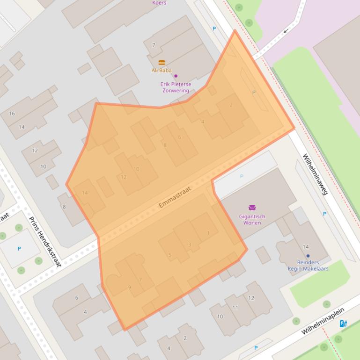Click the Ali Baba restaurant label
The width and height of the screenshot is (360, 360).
click(x=162, y=71)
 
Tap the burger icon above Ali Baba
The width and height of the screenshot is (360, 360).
click(x=162, y=63)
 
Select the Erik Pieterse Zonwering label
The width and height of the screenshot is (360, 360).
click(x=176, y=87)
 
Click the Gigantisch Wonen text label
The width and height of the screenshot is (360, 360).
click(x=252, y=220)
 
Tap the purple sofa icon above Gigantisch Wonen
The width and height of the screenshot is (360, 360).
click(x=252, y=208)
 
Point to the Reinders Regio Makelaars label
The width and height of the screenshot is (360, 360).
click(x=308, y=266)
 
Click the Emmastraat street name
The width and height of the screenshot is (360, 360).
click(x=176, y=197)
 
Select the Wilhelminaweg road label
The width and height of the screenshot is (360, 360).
click(x=315, y=174)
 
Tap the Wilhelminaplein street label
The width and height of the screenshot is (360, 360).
click(x=323, y=321)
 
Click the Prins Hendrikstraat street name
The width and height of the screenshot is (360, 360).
click(x=45, y=242)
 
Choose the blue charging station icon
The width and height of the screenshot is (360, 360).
click(x=343, y=324)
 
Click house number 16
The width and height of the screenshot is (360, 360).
click(x=12, y=114)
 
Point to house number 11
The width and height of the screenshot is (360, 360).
click(x=235, y=308)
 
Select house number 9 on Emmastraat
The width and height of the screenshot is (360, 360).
click(x=130, y=288)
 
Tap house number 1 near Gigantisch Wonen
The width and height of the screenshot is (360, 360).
click(x=208, y=233)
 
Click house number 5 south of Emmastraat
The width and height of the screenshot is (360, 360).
click(x=170, y=255)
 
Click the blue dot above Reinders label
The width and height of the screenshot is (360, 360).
click(x=308, y=256)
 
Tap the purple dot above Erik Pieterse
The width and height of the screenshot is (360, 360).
click(x=176, y=76)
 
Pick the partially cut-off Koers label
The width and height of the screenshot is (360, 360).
click(x=159, y=2)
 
